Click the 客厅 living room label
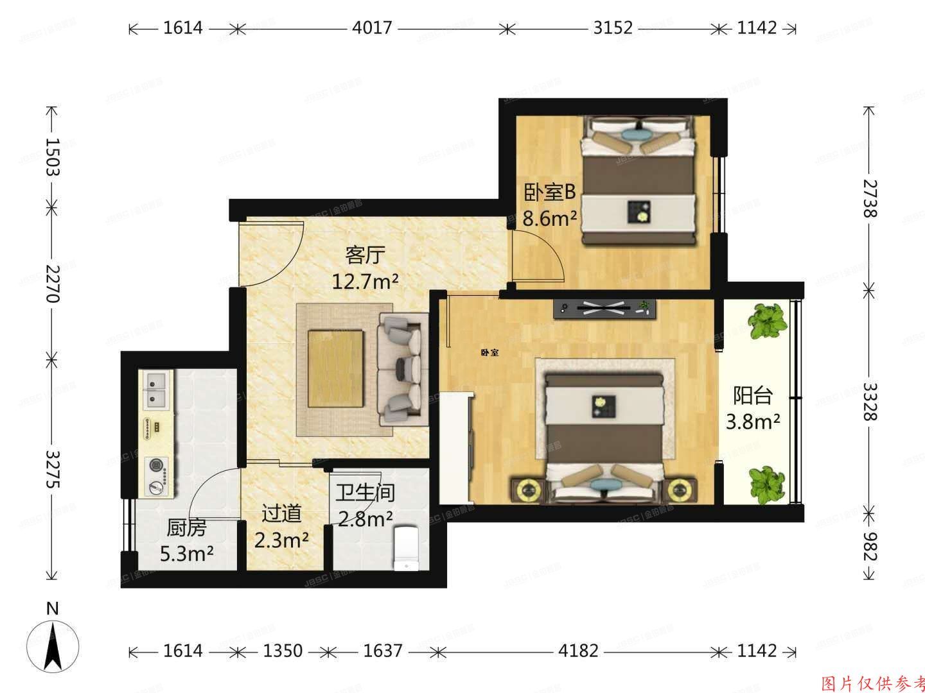coord(365,255)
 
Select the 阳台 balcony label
coord(753,395)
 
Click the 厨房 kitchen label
coord(186,528)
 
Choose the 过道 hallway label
coord(281,513)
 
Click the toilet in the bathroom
coord(406,548)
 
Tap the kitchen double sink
coord(155,390)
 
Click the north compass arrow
coord(53,646)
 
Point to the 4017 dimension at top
coord(372,28)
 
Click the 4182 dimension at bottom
coord(578,651)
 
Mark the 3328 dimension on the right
coord(869,402)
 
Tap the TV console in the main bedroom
coord(605,309)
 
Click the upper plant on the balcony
coord(768,321)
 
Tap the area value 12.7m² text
coord(365,281)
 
